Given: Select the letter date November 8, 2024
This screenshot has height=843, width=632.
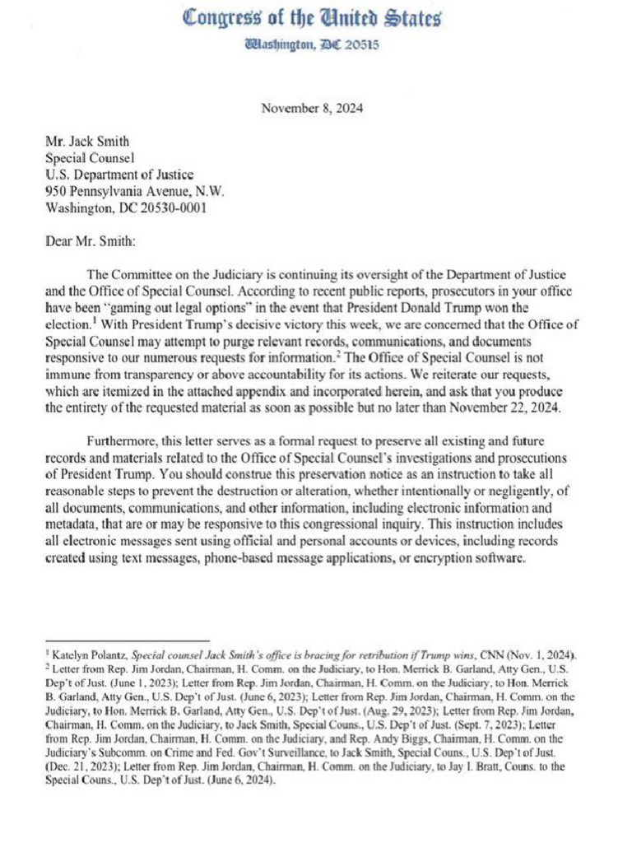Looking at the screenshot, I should [x=312, y=108].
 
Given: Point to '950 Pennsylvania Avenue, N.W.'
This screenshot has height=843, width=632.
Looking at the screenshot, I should [x=134, y=191].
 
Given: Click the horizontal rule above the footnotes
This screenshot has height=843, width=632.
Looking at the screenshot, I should [x=128, y=640].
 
